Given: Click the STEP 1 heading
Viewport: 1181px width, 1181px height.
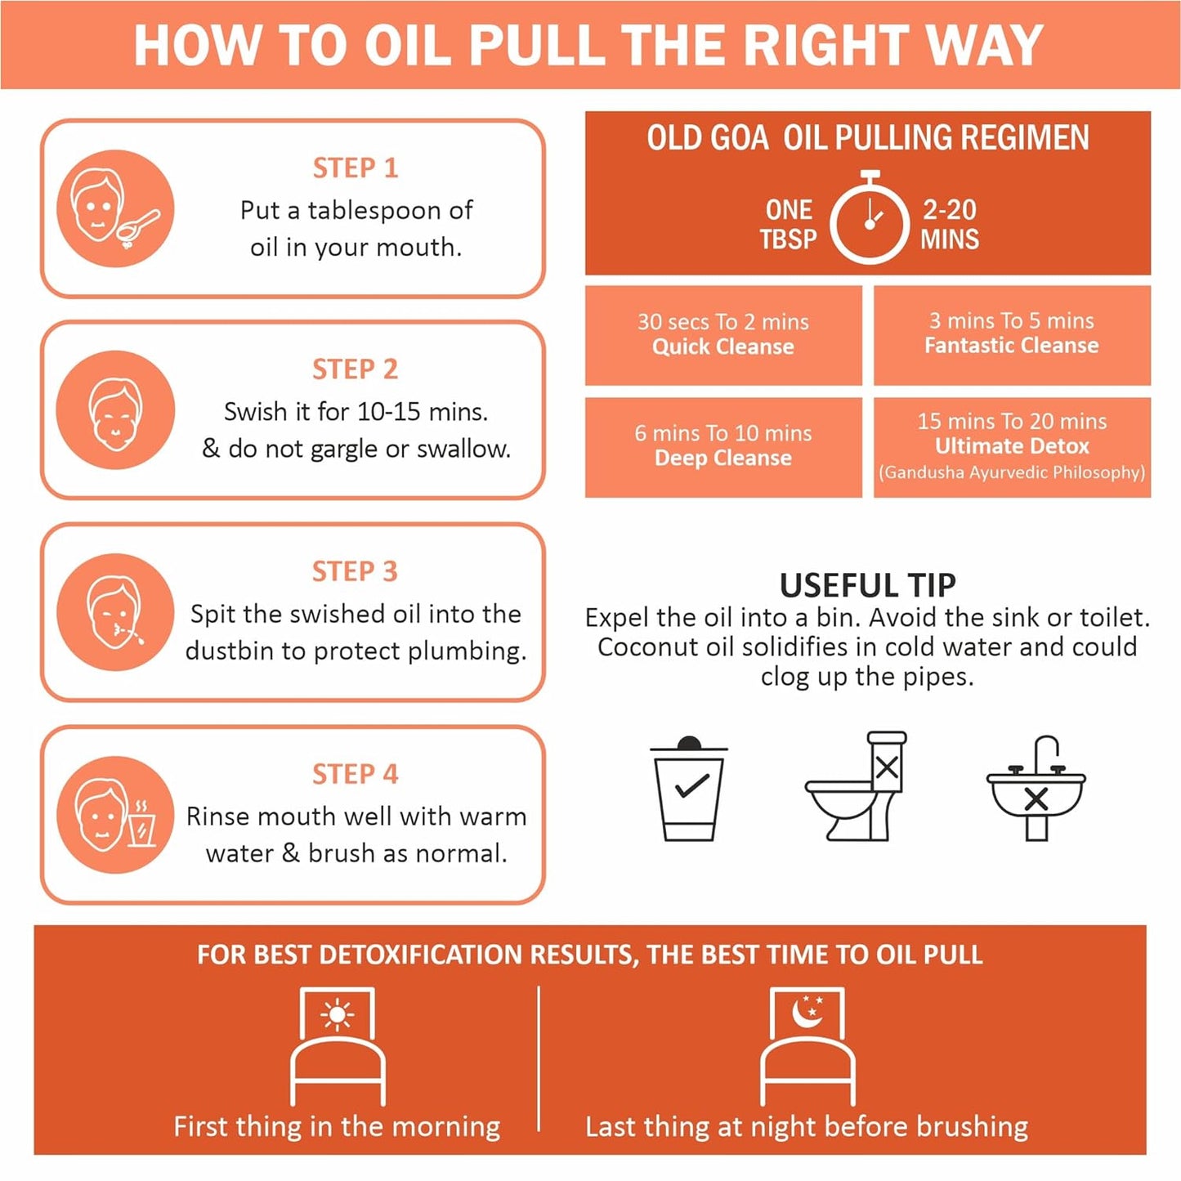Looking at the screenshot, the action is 356,168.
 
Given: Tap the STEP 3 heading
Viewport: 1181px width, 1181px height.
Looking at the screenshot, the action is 355,571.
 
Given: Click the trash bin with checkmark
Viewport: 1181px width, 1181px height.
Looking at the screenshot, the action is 689,789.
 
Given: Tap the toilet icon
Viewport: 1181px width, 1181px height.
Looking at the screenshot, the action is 856,786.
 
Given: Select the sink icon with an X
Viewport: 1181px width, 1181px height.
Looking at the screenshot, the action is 1036,789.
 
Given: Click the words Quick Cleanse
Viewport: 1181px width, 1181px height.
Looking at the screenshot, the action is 723,347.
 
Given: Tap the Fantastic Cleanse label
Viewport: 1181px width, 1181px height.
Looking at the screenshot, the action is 1012,346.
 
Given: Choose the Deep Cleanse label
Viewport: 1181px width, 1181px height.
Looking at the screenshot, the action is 723,459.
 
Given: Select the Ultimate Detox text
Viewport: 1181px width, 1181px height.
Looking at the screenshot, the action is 1012,446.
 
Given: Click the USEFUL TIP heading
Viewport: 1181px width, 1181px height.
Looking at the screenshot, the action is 868,585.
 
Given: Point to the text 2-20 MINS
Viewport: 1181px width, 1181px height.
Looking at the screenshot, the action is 950,224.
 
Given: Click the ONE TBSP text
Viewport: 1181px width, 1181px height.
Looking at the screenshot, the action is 788,224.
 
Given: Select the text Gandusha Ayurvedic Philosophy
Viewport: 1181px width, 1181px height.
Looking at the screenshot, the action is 1012,472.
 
